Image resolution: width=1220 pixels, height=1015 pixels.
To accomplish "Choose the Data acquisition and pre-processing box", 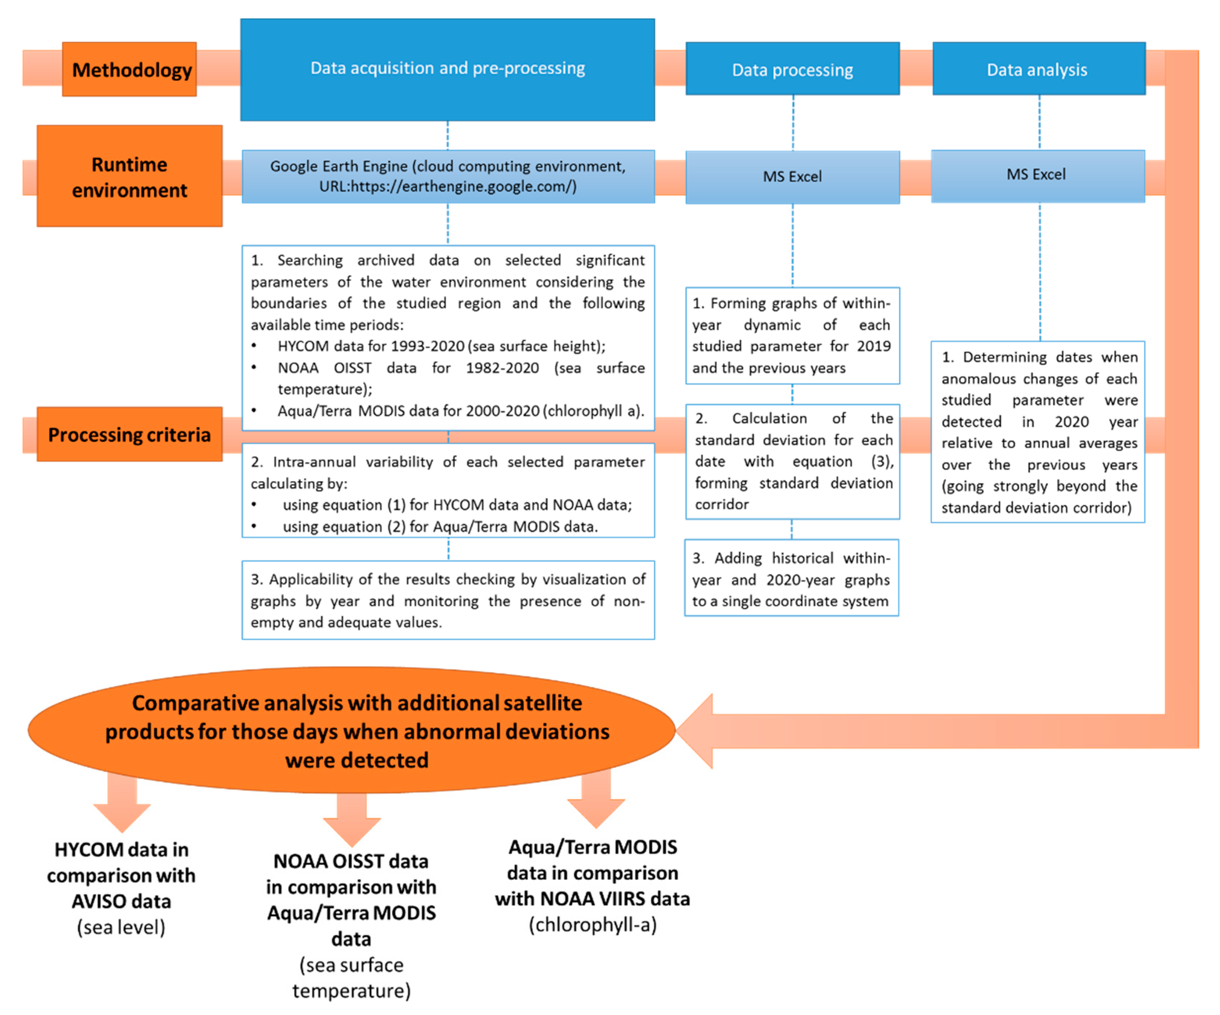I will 447,70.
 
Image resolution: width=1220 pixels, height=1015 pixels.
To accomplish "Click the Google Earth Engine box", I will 447,176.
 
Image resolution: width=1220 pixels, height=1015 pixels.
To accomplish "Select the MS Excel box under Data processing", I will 792,177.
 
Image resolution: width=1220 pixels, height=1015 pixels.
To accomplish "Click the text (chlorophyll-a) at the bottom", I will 592,924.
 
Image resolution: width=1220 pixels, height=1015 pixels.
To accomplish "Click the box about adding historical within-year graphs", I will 791,579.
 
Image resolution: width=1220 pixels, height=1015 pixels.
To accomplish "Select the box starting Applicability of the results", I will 447,600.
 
